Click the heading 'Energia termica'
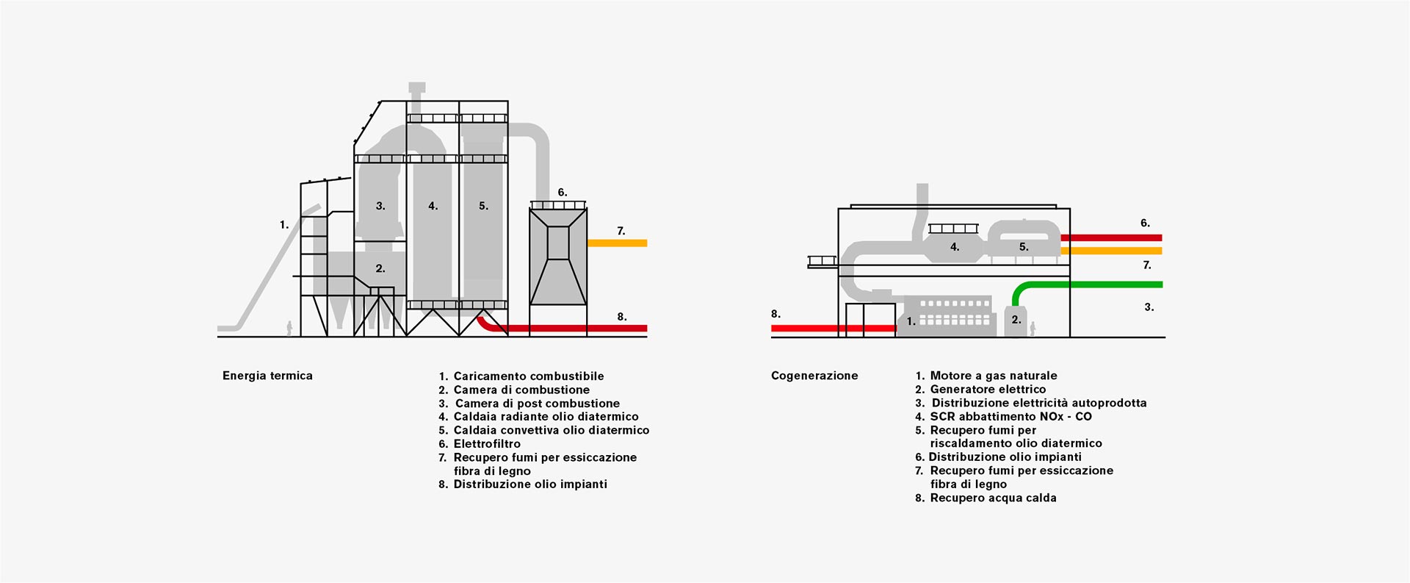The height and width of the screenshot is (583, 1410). (267, 376)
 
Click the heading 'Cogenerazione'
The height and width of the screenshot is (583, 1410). (814, 376)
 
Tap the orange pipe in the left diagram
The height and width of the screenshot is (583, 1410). (617, 243)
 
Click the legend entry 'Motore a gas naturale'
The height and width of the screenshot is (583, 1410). (994, 376)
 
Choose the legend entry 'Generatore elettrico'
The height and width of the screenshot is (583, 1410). (988, 390)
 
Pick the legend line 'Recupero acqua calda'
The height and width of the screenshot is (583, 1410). (993, 498)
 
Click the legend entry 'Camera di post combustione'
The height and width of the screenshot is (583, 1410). (537, 404)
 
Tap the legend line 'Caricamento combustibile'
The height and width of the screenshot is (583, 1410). (528, 376)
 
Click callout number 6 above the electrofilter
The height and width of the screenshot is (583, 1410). (562, 193)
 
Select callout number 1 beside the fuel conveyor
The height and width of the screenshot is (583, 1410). (284, 225)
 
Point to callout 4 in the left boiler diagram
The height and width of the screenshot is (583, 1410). (433, 207)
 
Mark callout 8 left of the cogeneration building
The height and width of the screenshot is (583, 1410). (775, 314)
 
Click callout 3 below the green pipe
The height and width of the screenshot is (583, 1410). (1149, 307)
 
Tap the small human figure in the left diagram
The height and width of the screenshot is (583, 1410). (289, 329)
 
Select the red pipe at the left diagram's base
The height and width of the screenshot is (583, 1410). (573, 328)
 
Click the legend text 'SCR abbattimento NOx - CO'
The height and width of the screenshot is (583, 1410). (1010, 417)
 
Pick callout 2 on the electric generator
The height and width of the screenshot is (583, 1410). (1016, 320)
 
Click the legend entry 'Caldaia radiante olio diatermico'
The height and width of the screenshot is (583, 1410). (546, 417)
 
